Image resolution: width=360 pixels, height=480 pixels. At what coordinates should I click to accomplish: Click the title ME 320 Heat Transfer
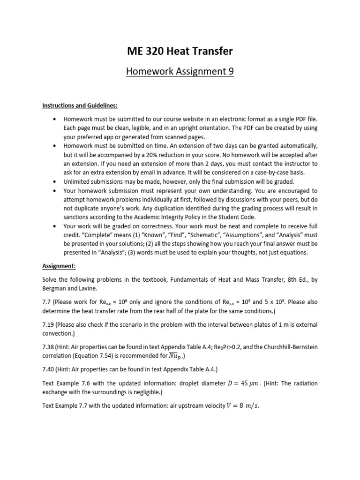point(180,51)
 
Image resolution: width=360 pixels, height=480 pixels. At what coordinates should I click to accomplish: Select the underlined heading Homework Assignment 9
point(180,72)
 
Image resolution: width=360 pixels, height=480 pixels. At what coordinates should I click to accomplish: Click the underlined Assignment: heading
point(59,265)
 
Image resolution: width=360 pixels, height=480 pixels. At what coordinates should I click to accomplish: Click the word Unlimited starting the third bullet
point(78,182)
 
